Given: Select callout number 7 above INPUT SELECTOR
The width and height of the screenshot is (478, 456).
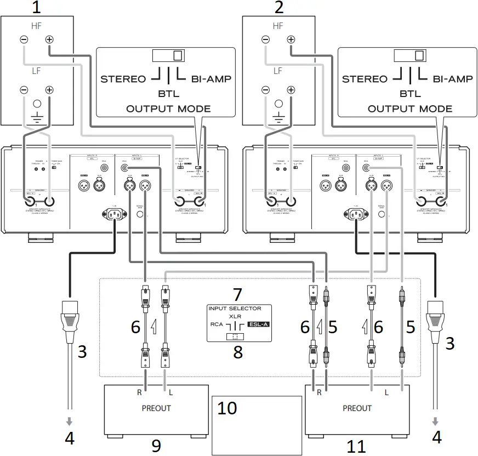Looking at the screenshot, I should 237,294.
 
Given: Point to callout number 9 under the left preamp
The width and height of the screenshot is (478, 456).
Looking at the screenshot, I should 156,446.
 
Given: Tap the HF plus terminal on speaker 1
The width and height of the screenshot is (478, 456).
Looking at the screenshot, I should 49,39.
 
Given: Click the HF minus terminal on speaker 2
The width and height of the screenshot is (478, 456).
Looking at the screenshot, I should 265,39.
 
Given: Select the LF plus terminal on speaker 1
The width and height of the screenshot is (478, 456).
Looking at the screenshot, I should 49,90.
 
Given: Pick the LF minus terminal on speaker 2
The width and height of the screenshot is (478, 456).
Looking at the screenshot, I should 265,90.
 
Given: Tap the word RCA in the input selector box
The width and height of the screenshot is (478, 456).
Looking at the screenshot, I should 217,324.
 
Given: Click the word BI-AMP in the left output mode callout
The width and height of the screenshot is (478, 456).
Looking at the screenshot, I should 211,79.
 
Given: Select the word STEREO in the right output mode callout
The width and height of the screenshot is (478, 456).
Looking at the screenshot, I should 365,79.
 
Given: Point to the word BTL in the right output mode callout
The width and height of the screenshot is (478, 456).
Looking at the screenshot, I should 411,93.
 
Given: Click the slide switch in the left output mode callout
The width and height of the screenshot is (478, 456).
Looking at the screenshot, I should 169,55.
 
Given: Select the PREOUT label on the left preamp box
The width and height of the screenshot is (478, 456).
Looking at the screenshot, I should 156,408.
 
